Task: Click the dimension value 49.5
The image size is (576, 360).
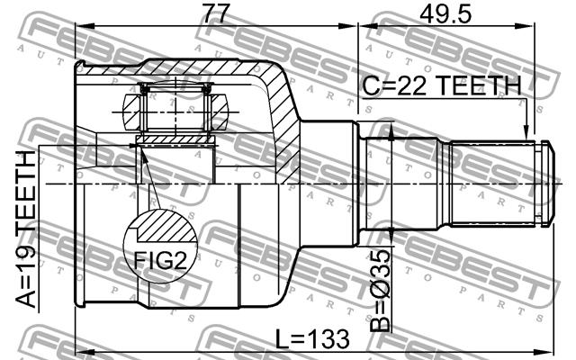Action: pyautogui.click(x=445, y=14)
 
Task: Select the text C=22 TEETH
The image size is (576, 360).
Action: pyautogui.click(x=442, y=86)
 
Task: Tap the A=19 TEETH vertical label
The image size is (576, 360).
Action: pyautogui.click(x=26, y=229)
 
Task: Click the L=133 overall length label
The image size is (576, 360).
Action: pyautogui.click(x=312, y=338)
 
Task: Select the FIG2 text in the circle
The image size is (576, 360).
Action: pyautogui.click(x=160, y=260)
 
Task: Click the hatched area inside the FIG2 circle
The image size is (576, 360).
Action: pyautogui.click(x=167, y=227)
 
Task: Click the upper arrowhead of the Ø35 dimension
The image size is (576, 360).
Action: pyautogui.click(x=391, y=133)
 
